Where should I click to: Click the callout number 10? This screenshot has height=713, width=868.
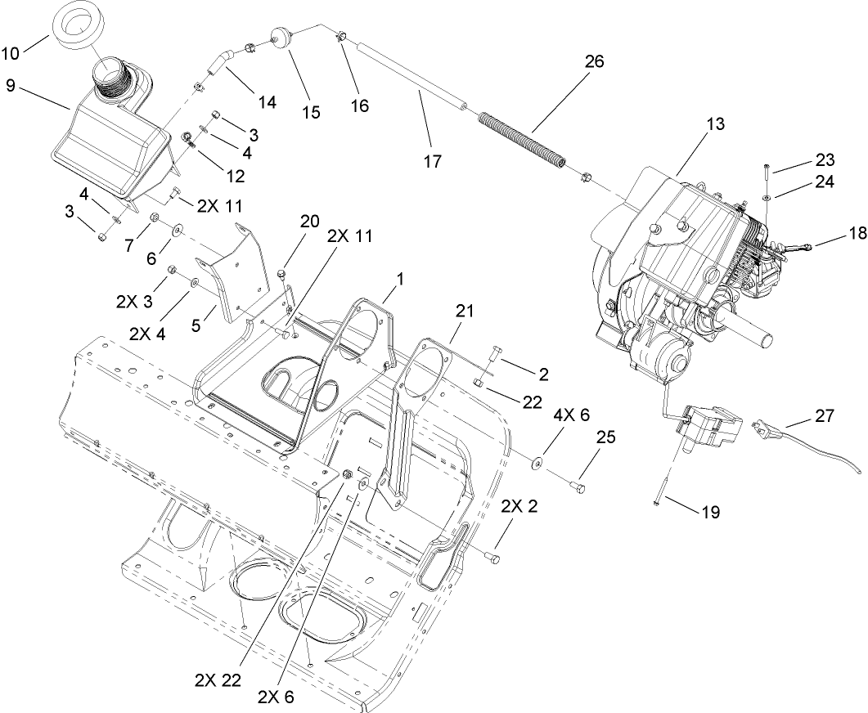coord(12,54)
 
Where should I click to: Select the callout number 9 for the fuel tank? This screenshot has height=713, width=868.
coord(10,86)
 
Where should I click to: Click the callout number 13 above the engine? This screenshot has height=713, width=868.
coord(716,123)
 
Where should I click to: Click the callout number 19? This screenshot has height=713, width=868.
coord(710,513)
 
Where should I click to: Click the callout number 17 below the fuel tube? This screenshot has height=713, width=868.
coord(433,161)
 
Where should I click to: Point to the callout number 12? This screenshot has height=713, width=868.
coord(236,175)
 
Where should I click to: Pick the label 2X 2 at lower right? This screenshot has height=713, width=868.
coord(522,506)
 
